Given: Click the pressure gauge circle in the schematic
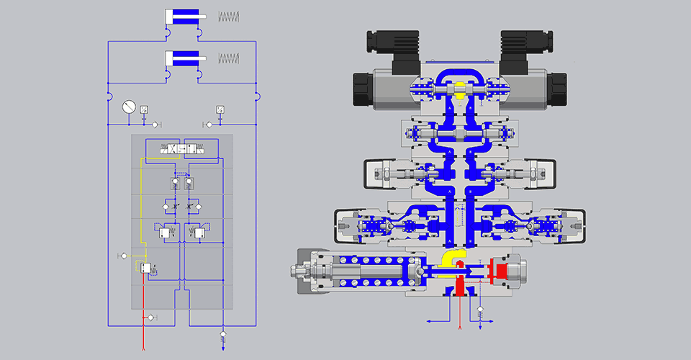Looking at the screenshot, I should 128,106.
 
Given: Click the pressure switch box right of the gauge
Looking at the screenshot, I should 144,109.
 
